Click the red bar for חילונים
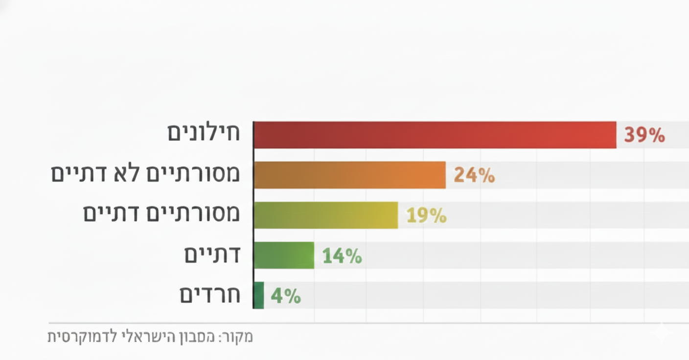click(x=435, y=135)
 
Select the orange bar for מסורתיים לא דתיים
click(x=349, y=175)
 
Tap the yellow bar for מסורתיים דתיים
click(x=325, y=215)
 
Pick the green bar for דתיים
click(x=284, y=255)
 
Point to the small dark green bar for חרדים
click(x=259, y=295)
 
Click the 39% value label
click(x=644, y=135)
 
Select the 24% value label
click(x=474, y=175)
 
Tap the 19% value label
click(x=426, y=215)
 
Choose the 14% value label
click(x=342, y=256)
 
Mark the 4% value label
click(x=286, y=296)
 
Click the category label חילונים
click(x=204, y=134)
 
